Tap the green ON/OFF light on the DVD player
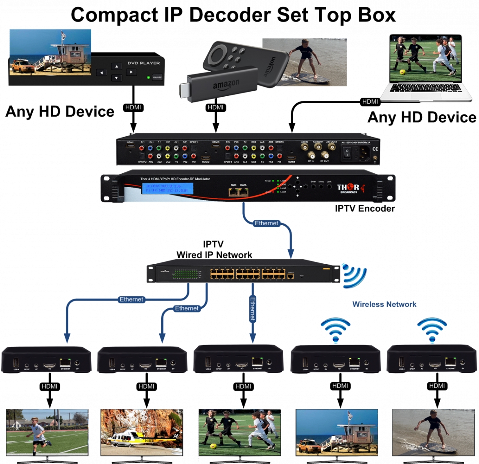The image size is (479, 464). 148,77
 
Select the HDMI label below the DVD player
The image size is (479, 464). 133,108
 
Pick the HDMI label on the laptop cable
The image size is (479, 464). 370,102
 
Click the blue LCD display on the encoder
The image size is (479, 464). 167,188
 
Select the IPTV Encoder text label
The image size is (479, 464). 364,208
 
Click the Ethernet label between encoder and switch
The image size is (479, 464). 266,223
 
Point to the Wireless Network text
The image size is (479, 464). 384,304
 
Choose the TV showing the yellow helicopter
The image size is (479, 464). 142,432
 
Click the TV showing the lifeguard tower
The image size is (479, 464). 337,432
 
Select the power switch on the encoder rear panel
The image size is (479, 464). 347,153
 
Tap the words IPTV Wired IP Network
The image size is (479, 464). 214,249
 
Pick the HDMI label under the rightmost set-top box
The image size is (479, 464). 437,386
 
